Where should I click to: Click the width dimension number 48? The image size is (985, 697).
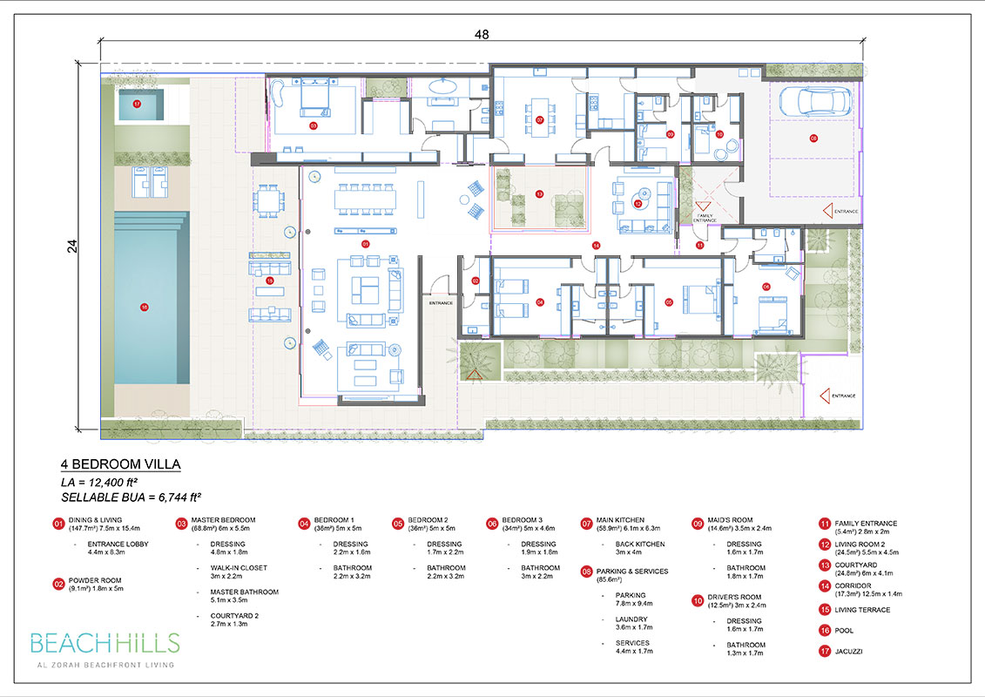pos(482,35)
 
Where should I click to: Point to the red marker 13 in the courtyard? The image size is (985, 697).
pos(539,194)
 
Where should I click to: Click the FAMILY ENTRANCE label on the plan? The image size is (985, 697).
pos(705,217)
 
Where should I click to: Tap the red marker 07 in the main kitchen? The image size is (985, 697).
pos(539,120)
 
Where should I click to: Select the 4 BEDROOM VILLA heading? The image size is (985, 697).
pos(120,464)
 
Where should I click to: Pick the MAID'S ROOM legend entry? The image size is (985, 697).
pos(730,524)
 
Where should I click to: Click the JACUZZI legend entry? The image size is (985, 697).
pos(848,651)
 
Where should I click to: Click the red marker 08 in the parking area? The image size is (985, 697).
pos(813,139)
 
